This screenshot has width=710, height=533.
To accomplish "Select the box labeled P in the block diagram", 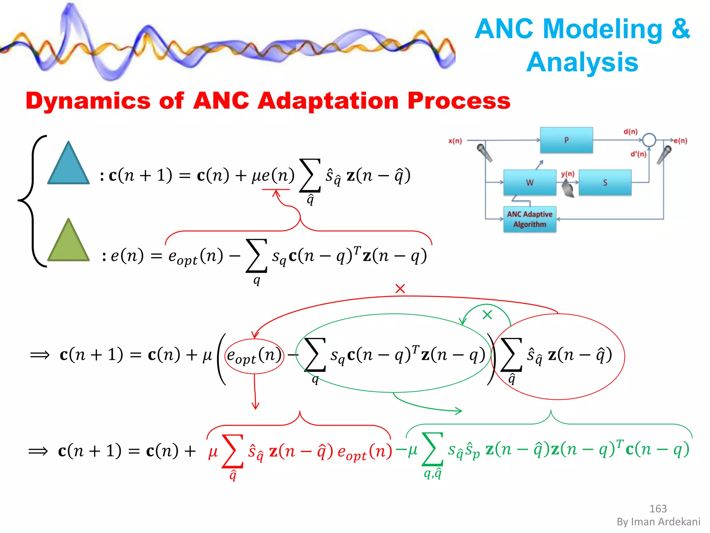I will [566, 140].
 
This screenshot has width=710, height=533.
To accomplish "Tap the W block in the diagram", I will [529, 183].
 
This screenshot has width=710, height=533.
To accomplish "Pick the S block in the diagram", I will [605, 183].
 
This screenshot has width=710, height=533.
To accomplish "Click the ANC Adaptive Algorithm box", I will [529, 219].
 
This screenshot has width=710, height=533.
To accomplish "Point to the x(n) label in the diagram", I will [455, 141].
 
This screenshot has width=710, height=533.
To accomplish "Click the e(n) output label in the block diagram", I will [680, 141].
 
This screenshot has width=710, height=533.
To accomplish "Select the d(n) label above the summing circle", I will [630, 132].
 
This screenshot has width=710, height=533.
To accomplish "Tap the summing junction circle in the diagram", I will [649, 140].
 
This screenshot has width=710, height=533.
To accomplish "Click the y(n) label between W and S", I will [568, 174].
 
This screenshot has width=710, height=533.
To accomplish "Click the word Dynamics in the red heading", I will [88, 101].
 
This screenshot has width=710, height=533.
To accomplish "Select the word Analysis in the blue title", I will [582, 62].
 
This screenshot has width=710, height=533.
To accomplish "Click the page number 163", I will [658, 509].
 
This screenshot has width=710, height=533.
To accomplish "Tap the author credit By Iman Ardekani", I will [658, 522].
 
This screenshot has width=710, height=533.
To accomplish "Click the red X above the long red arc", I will [400, 288].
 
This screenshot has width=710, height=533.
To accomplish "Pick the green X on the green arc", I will [487, 315].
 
